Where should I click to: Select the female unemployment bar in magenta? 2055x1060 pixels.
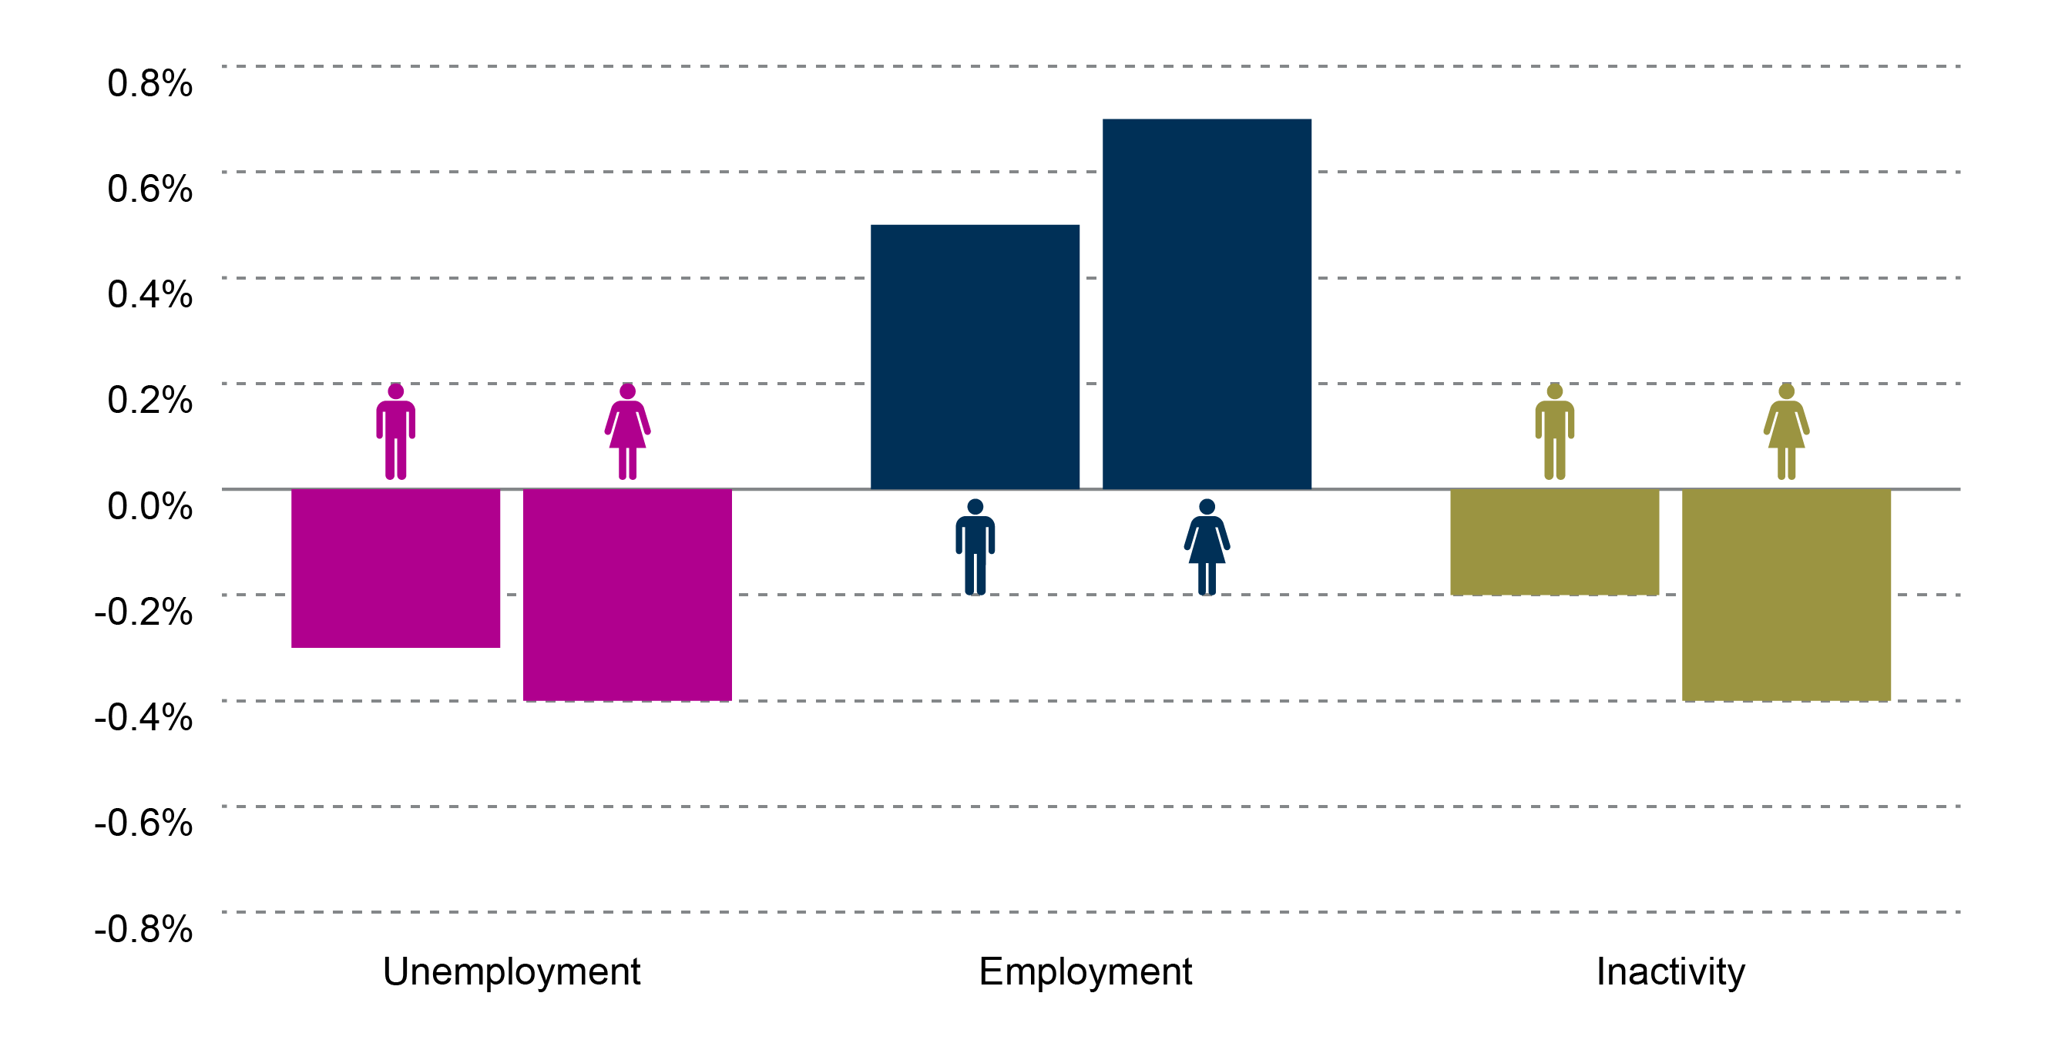[x=627, y=594]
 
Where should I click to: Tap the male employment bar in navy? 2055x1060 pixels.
[x=974, y=357]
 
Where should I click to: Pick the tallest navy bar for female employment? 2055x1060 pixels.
[x=1206, y=304]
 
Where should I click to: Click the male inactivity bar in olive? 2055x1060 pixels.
[x=1554, y=542]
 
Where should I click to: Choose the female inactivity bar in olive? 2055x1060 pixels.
[x=1785, y=594]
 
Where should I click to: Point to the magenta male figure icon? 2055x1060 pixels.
[x=396, y=431]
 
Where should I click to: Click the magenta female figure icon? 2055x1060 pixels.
[x=627, y=431]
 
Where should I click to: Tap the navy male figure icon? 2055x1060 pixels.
[x=975, y=547]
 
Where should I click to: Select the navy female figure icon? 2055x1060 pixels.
[x=1206, y=547]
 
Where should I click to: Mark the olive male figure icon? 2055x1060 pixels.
[x=1554, y=431]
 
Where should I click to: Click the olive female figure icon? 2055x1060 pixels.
[x=1786, y=431]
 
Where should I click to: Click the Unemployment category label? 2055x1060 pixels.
[x=512, y=972]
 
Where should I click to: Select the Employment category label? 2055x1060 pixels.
[x=1085, y=972]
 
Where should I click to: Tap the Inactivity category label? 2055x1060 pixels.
[x=1671, y=972]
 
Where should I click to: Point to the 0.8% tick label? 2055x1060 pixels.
[x=150, y=83]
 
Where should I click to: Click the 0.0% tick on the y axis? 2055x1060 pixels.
[x=150, y=505]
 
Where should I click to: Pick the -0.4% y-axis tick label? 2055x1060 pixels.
[x=143, y=717]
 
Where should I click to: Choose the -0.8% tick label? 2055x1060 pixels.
[x=143, y=928]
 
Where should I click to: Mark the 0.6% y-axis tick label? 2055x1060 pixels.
[x=150, y=189]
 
